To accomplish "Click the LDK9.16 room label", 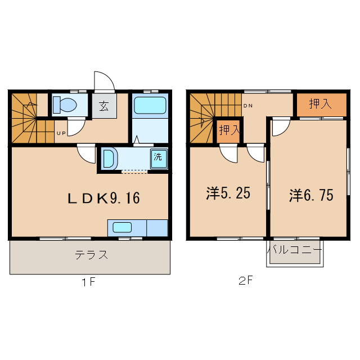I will pyautogui.click(x=103, y=198).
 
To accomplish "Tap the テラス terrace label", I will pyautogui.click(x=91, y=254).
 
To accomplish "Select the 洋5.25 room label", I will pyautogui.click(x=228, y=193).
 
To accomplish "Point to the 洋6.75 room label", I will pyautogui.click(x=311, y=195).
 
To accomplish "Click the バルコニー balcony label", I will pyautogui.click(x=294, y=249).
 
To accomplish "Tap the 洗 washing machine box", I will pyautogui.click(x=158, y=156).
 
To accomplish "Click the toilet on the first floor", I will pyautogui.click(x=66, y=105).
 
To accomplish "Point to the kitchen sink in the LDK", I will pyautogui.click(x=122, y=227).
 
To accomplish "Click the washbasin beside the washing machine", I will pyautogui.click(x=109, y=158).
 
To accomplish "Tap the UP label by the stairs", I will pyautogui.click(x=59, y=133).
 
